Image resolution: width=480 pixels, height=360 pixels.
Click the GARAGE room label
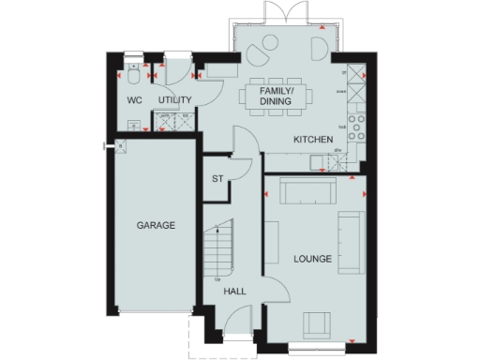[x=156, y=226]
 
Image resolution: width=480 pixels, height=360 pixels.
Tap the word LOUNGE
[x=312, y=258]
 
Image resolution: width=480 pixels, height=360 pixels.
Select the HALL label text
[x=234, y=292]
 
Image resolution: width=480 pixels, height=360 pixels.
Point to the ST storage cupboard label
[x=217, y=178]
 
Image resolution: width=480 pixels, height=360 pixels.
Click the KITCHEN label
[x=313, y=140]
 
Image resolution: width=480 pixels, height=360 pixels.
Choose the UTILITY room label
[x=174, y=99]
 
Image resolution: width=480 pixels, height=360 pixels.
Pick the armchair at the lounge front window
[x=316, y=324]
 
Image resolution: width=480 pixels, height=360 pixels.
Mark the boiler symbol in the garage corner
[x=120, y=145]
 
